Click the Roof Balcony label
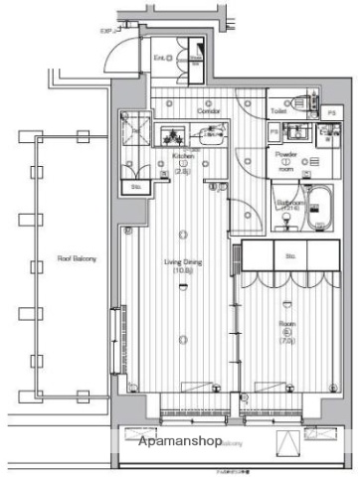(77, 259)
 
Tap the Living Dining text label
(182, 262)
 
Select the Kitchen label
(182, 157)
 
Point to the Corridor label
(207, 111)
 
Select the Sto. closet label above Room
(290, 255)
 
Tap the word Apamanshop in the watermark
(178, 440)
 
